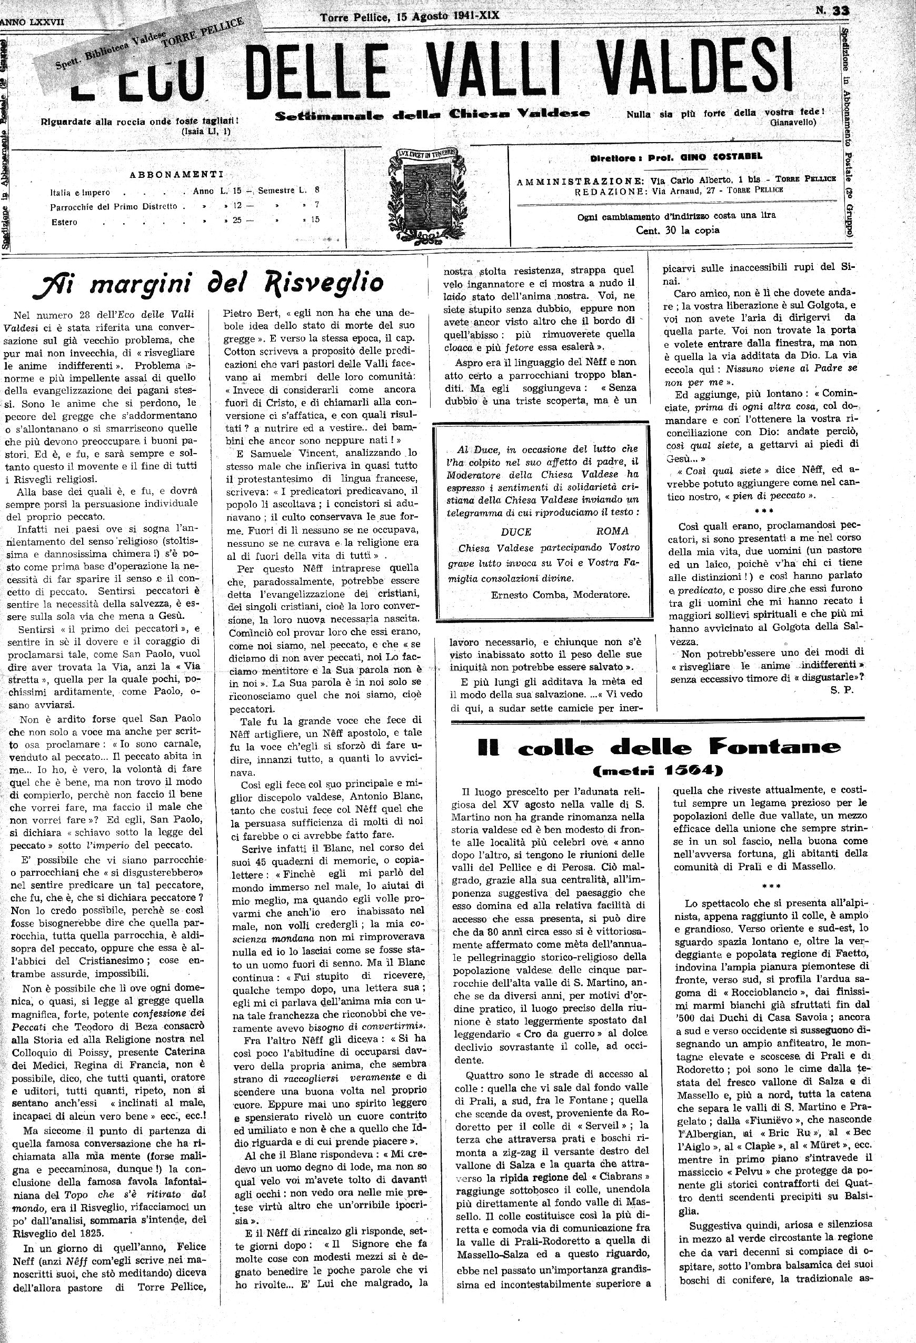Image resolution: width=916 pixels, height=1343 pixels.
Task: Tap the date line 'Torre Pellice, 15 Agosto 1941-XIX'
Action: [409, 17]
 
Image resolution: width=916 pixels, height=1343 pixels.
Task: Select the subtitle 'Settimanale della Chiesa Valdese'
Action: [432, 114]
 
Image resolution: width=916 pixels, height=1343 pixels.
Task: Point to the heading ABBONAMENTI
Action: [176, 174]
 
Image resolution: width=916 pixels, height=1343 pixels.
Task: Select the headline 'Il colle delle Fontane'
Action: [660, 748]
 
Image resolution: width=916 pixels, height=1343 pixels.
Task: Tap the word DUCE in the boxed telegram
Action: [515, 532]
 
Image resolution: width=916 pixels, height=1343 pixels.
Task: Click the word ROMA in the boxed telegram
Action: [612, 532]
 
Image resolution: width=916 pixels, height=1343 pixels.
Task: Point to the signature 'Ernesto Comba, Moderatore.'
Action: [560, 594]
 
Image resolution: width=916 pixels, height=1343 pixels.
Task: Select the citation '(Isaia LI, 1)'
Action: [205, 131]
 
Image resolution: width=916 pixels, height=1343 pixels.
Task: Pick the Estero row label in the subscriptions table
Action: [64, 222]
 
